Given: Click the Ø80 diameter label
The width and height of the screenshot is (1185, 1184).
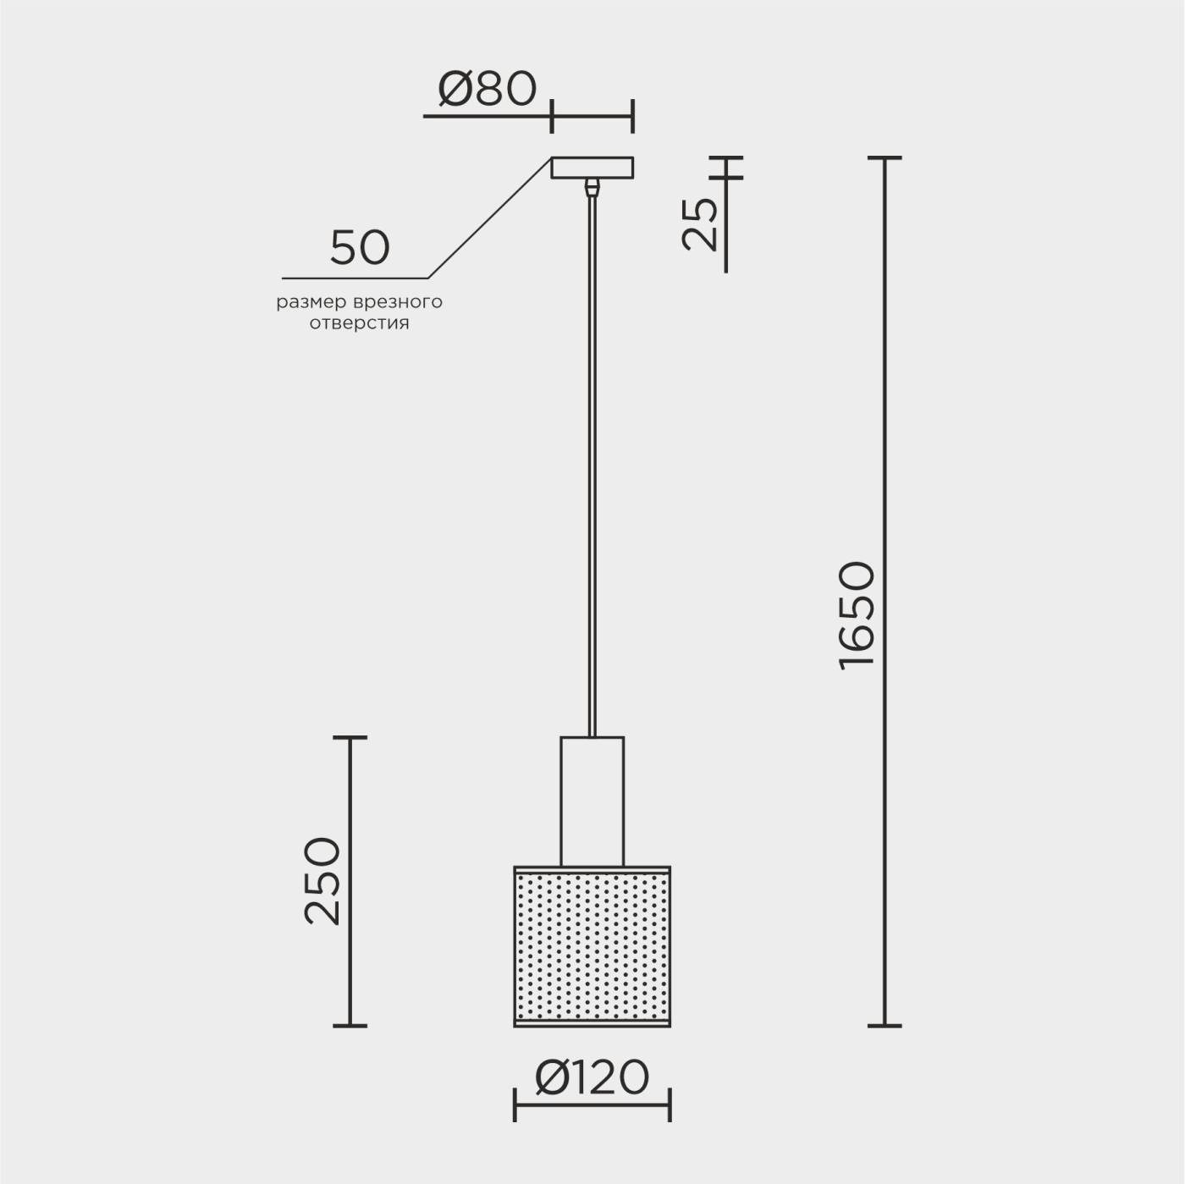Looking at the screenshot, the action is (487, 89).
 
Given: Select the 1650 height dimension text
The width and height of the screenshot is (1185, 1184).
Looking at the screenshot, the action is (856, 615).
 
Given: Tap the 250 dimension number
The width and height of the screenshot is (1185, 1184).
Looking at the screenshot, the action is (322, 881).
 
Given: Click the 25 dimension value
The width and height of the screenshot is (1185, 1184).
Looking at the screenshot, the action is (700, 224).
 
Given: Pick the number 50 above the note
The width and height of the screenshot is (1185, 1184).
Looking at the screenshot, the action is (360, 248).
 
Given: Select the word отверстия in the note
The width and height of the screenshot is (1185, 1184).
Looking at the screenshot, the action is (359, 323).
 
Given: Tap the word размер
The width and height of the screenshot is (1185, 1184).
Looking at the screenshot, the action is (311, 303).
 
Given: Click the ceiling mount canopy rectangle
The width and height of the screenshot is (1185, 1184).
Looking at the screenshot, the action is (592, 168).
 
